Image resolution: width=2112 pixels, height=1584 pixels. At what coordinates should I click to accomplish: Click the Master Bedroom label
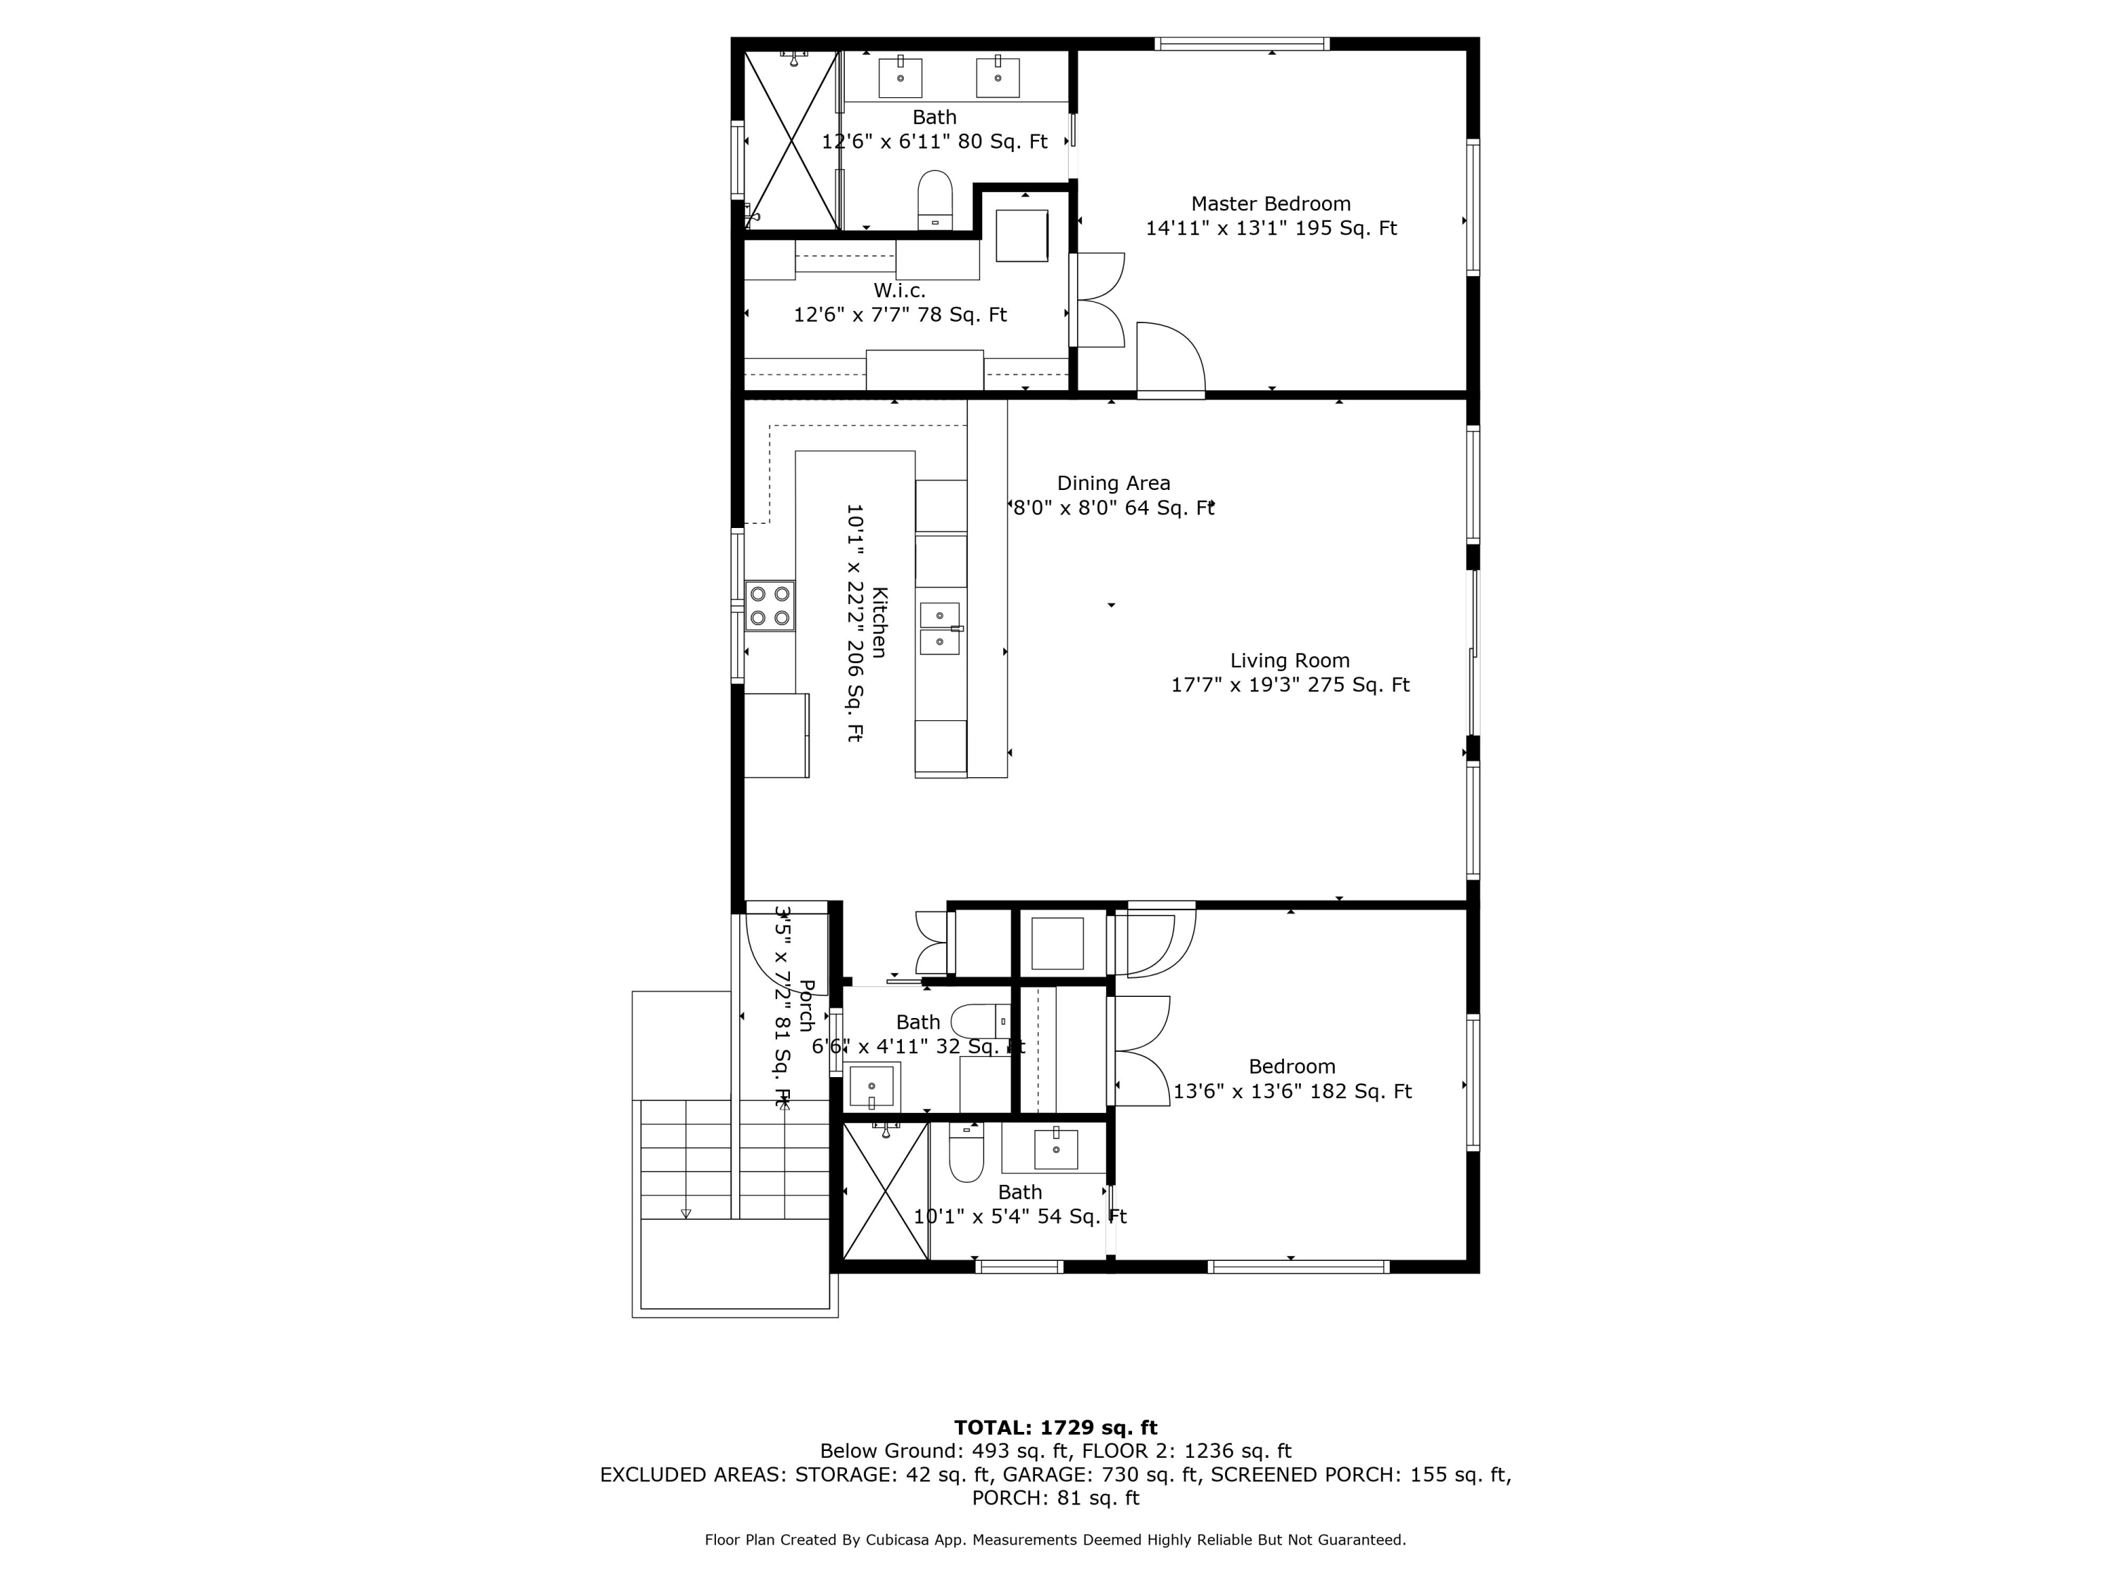1270,203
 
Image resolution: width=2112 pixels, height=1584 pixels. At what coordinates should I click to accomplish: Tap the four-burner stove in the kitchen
769,605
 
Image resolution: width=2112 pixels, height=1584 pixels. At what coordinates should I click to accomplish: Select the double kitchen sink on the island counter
940,628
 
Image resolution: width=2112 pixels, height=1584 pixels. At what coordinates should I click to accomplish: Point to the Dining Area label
1113,483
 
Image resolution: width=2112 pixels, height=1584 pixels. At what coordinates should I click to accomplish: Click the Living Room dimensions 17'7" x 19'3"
1290,684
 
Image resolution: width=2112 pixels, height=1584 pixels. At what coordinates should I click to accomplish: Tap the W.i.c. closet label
900,290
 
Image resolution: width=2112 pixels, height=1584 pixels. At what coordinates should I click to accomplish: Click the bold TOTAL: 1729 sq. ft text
1055,1428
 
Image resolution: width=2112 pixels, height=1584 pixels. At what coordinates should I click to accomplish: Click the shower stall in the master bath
791,140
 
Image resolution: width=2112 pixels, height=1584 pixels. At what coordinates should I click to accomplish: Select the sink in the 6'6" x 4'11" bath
872,1086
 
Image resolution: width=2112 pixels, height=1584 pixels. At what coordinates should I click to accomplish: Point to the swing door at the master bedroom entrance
1171,359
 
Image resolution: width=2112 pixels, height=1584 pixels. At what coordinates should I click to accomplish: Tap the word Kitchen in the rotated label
879,622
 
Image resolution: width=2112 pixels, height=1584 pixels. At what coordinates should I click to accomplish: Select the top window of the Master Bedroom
1241,44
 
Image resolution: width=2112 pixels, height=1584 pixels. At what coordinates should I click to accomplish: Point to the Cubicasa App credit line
1055,1539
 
